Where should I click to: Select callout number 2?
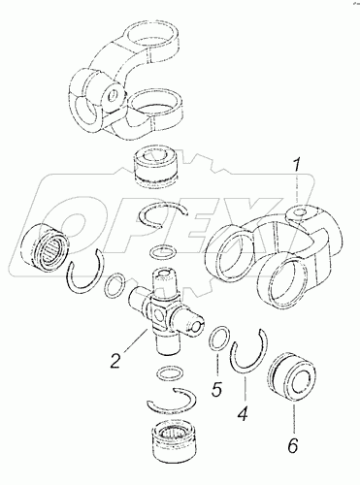click(x=116, y=361)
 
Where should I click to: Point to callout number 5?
click(x=217, y=389)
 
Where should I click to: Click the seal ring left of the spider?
click(x=115, y=285)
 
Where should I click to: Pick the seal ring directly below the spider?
click(x=170, y=372)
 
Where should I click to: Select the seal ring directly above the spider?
click(x=164, y=251)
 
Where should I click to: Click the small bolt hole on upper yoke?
click(x=113, y=95)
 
